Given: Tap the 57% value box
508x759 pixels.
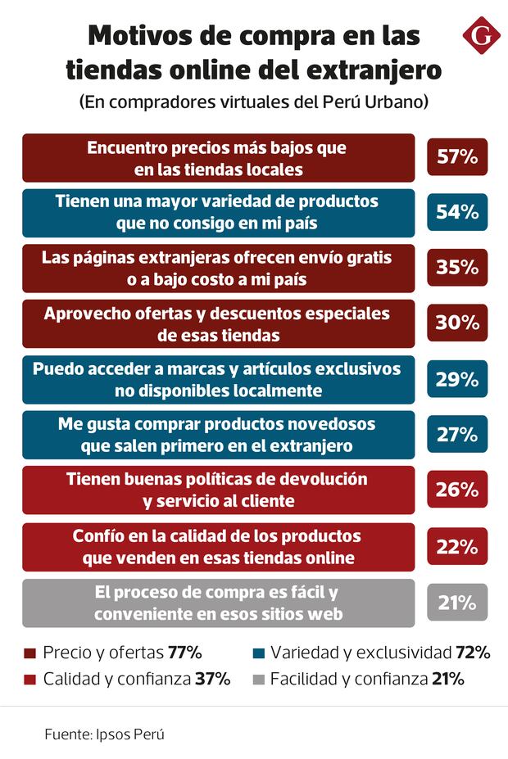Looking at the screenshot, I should click(457, 157).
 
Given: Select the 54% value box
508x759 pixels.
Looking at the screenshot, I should click(457, 212).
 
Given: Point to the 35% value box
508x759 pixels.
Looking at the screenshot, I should click(457, 268).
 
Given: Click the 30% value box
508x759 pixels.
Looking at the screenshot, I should click(457, 323).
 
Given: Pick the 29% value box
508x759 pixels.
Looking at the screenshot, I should click(457, 379).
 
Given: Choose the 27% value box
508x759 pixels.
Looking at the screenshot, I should click(457, 434).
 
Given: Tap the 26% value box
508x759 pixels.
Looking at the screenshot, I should click(457, 490).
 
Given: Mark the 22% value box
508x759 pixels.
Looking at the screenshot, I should click(457, 547).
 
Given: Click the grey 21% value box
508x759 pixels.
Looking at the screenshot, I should click(457, 603).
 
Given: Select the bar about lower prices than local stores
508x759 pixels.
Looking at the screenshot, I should click(218, 158).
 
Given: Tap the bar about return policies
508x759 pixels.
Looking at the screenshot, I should click(218, 490).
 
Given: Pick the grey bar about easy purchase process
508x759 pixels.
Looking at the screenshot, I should click(218, 603).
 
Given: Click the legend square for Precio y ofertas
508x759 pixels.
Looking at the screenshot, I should click(30, 653).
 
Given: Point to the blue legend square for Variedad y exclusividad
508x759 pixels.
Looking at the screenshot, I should click(258, 653).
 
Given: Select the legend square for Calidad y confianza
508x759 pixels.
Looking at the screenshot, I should click(30, 679).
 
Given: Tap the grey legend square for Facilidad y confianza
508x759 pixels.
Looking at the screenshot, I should click(258, 679).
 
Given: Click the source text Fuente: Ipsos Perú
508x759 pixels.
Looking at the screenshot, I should click(105, 734).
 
